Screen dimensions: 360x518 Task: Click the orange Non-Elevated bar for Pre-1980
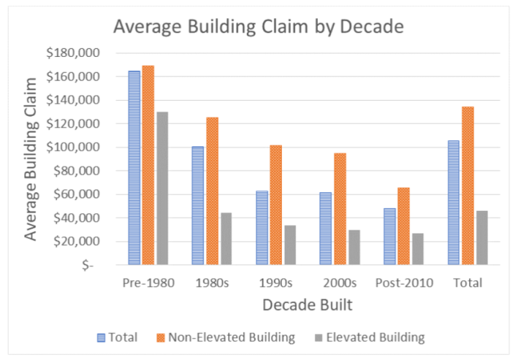[148, 165]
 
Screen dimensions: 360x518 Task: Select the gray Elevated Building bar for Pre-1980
[162, 188]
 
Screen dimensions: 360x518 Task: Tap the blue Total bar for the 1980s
[198, 205]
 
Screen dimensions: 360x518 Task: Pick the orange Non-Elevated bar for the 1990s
[276, 204]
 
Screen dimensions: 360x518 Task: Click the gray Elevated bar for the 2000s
[353, 247]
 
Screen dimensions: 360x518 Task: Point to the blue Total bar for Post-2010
[390, 236]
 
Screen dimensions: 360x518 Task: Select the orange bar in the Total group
[468, 185]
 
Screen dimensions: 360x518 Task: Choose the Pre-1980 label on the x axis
[148, 282]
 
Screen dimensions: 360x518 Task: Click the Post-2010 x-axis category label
[404, 282]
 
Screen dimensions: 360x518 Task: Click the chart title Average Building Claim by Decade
[258, 27]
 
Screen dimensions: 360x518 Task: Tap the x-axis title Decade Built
[307, 305]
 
